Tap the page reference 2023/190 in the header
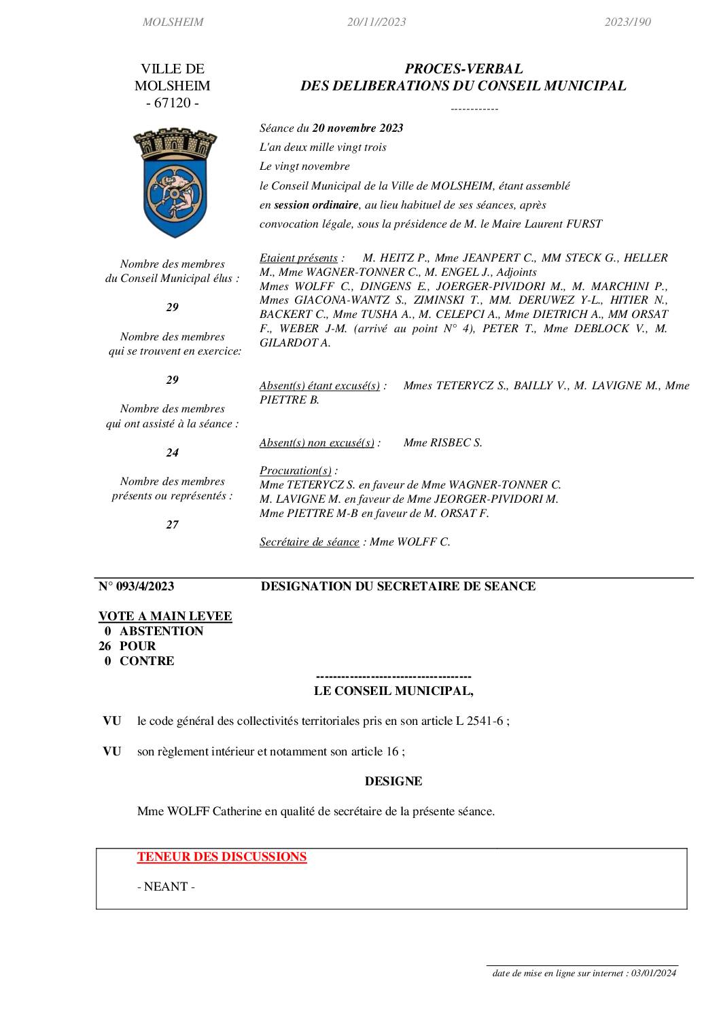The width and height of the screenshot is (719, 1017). tap(627, 22)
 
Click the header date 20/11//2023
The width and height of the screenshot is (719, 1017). tap(376, 22)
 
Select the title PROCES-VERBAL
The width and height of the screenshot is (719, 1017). tap(463, 69)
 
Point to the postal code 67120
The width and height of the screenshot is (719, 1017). tap(173, 103)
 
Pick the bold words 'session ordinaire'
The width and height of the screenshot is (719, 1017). tap(316, 204)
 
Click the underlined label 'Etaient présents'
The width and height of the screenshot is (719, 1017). tap(298, 258)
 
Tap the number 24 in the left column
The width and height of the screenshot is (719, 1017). tap(173, 452)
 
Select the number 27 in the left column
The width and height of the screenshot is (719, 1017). tap(173, 524)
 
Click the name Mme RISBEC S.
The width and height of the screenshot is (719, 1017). tap(442, 443)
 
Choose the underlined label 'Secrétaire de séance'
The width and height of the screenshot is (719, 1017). tap(309, 542)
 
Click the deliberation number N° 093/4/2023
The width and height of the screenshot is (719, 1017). tap(137, 586)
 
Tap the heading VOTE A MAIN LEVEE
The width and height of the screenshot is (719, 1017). tap(165, 616)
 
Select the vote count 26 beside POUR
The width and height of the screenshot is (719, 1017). tap(105, 646)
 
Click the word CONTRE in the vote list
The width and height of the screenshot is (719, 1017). tap(147, 661)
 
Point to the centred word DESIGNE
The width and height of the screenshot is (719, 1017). tap(393, 781)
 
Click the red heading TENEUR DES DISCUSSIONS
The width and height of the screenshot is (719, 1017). tap(222, 857)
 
